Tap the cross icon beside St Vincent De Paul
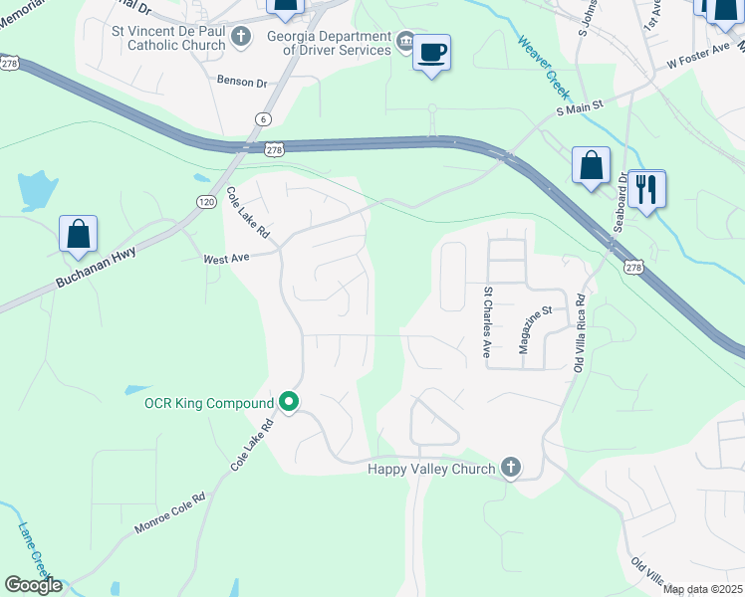point(240,38)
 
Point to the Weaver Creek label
point(543,67)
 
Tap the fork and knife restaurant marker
point(646,188)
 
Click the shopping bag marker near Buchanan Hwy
point(79,235)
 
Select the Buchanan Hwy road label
point(95,269)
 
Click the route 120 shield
point(205,201)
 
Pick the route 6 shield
point(263,118)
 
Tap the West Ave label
point(225,258)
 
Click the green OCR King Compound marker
point(289,403)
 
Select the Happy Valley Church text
point(431,469)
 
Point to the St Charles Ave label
point(487,323)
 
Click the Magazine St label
point(536,329)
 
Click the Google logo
point(33,585)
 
